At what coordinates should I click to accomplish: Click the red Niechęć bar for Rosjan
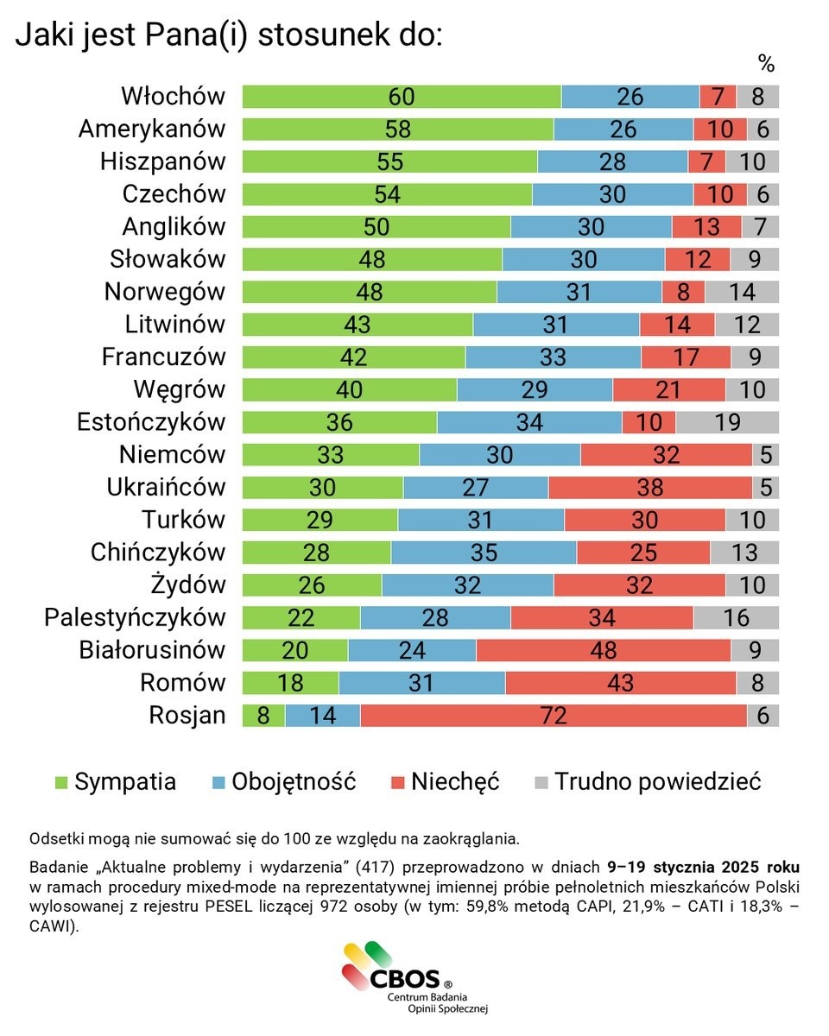point(553,715)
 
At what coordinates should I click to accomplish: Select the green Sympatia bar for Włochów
point(402,96)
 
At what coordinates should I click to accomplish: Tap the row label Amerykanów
point(152,129)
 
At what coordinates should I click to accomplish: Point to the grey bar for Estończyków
point(726,422)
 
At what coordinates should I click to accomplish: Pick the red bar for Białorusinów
point(603,650)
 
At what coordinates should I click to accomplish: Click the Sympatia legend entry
point(115,782)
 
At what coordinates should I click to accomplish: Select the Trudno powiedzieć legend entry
point(648,782)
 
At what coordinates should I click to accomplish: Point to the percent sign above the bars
point(766,63)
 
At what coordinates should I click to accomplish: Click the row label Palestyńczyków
point(135,617)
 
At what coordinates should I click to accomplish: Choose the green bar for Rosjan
point(263,715)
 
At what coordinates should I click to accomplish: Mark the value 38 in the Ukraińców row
point(649,487)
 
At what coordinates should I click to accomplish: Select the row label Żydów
point(187,584)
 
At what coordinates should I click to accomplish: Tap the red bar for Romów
point(620,683)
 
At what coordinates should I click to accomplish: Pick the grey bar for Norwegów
point(741,292)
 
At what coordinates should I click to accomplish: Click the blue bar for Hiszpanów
point(612,161)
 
